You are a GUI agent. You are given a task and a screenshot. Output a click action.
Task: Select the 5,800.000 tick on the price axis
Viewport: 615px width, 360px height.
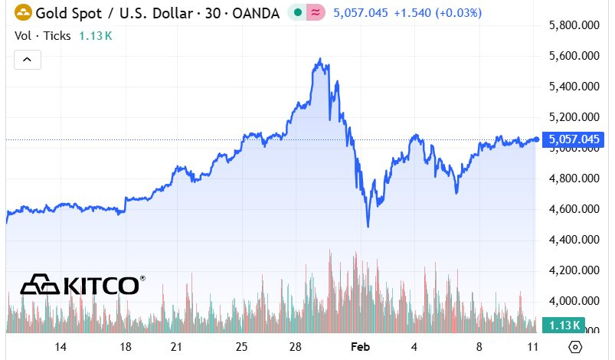pos(574,25)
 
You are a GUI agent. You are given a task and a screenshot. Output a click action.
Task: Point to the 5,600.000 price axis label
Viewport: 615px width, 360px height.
pos(574,56)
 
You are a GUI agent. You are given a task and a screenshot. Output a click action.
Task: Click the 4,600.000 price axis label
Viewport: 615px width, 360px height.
pos(574,209)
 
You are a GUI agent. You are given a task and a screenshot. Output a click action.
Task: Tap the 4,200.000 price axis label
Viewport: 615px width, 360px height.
pos(574,270)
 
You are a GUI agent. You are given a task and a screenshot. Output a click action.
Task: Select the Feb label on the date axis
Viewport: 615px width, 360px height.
pos(360,346)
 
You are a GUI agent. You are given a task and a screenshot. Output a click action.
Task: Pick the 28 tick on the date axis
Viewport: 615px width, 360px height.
pos(295,346)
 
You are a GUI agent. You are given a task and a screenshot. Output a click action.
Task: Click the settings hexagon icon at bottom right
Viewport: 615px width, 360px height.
pos(575,346)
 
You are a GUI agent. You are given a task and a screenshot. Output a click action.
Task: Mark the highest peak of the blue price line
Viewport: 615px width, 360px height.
pos(319,59)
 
